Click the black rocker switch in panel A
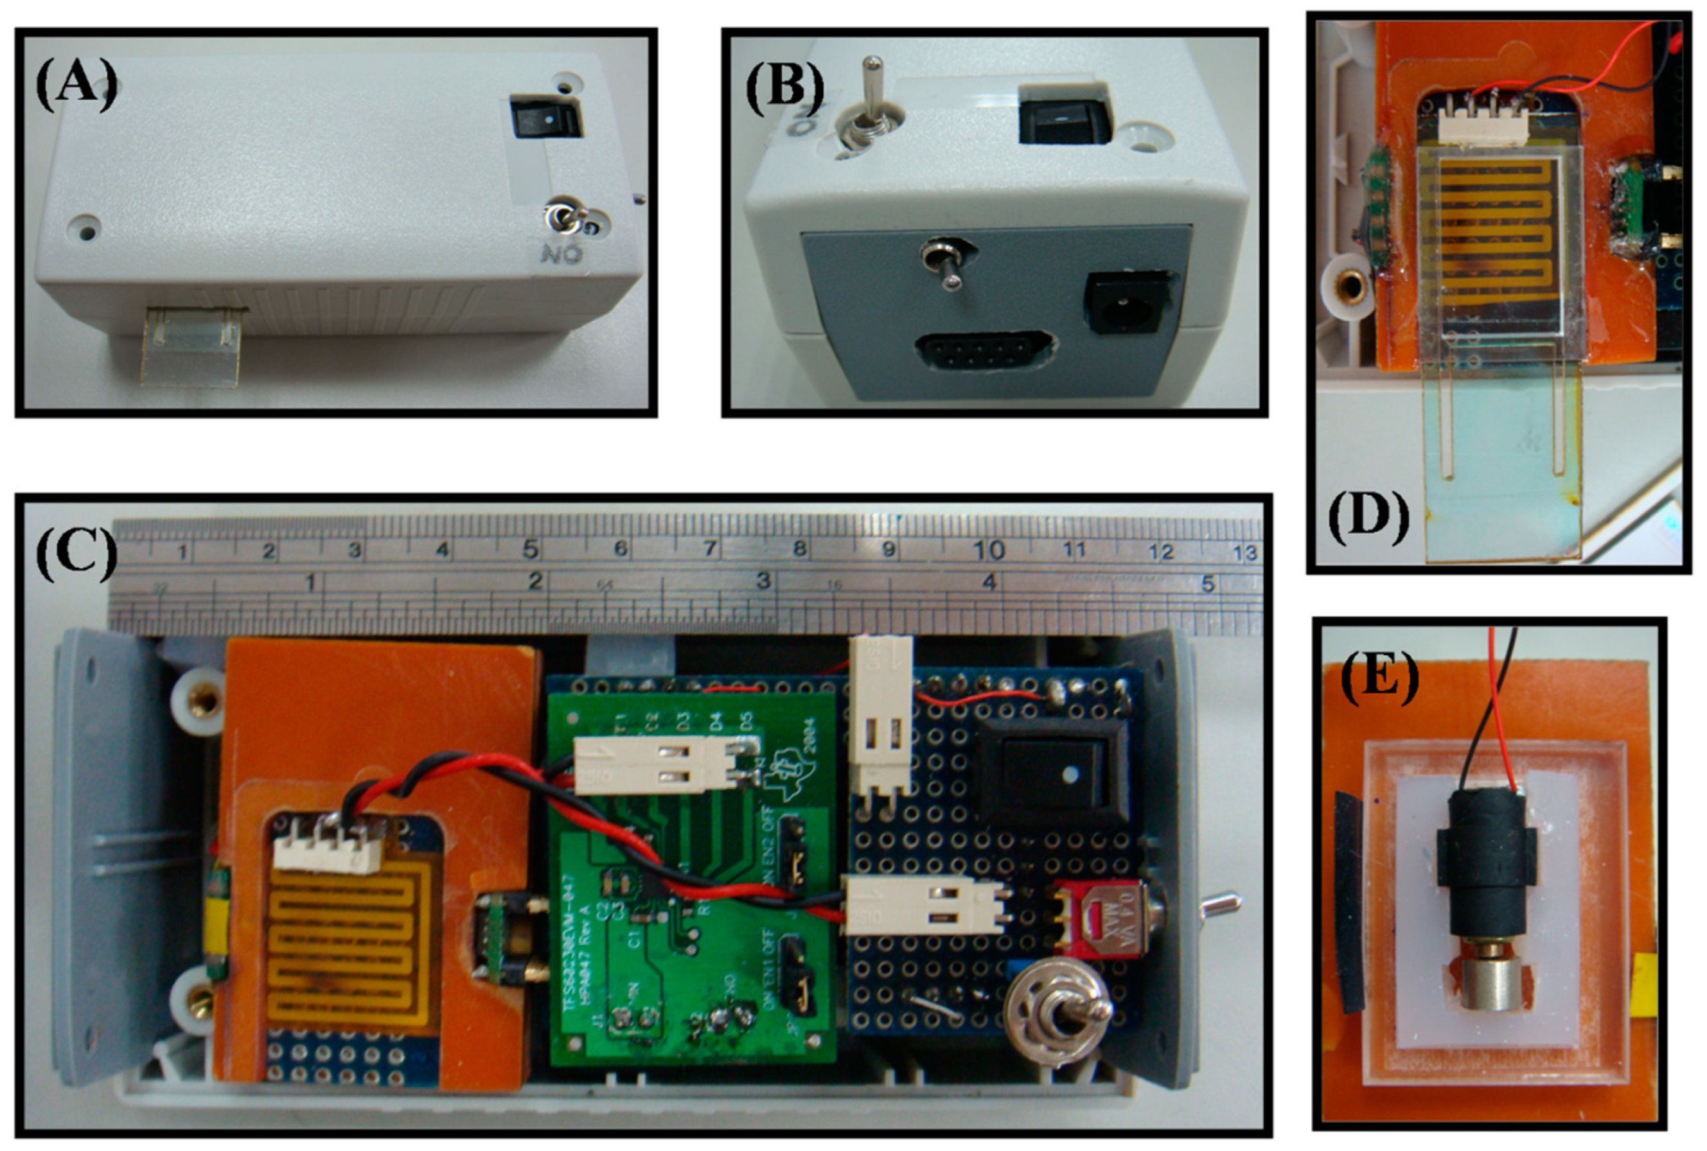(546, 118)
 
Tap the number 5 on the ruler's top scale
(530, 549)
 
